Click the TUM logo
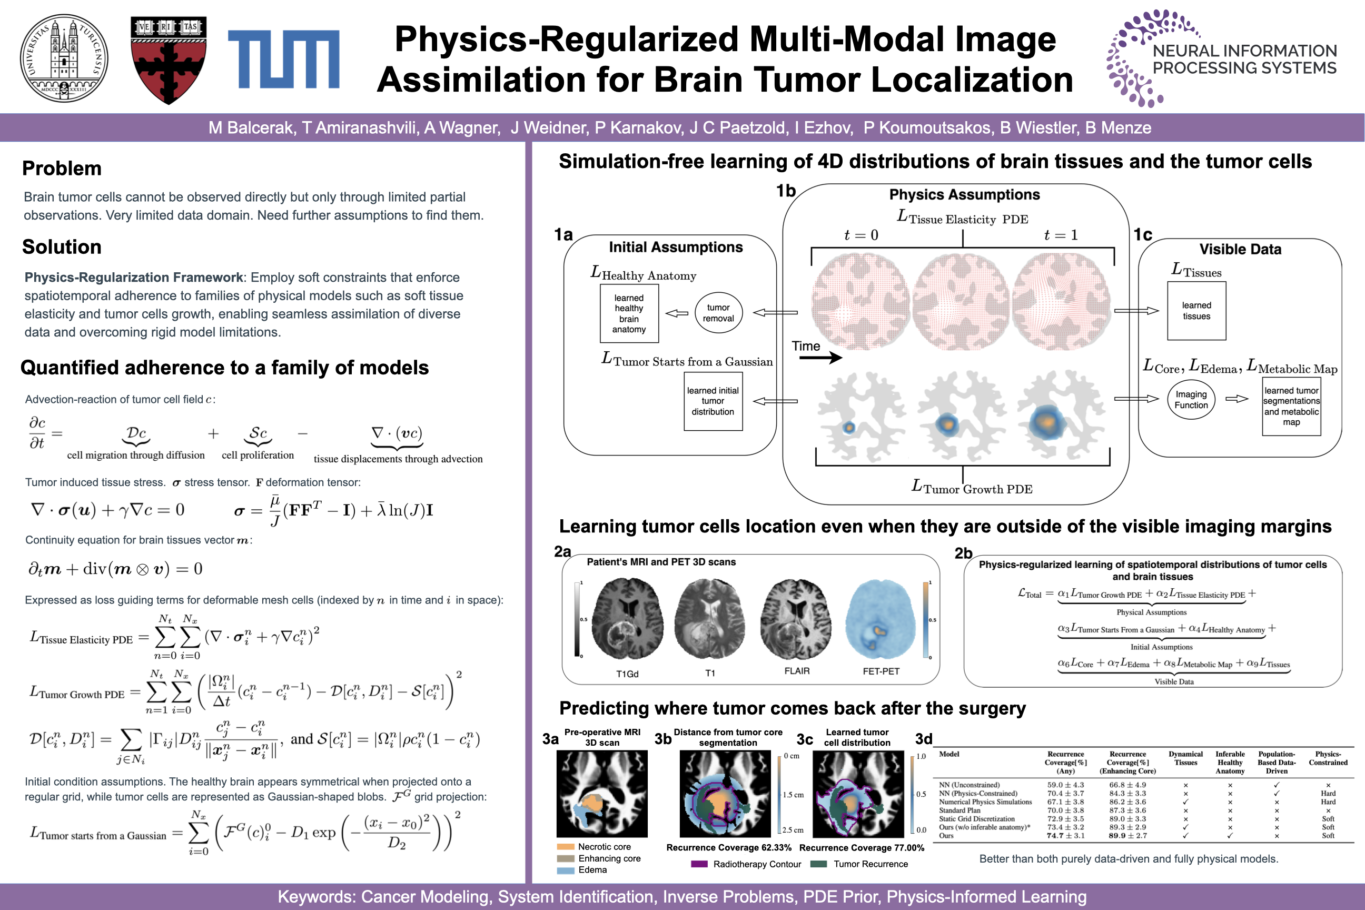click(x=283, y=59)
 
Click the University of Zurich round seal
click(x=64, y=58)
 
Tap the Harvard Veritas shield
click(x=169, y=61)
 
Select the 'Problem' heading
click(x=62, y=169)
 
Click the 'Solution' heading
click(x=62, y=246)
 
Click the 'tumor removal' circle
click(x=718, y=313)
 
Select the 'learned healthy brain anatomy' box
click(x=629, y=313)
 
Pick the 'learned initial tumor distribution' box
click(x=713, y=401)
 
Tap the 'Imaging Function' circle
click(x=1191, y=399)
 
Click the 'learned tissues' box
click(x=1196, y=311)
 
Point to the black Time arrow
click(x=820, y=358)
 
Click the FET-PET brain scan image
click(x=881, y=619)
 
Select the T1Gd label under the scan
click(x=627, y=674)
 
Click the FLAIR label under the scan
click(x=797, y=671)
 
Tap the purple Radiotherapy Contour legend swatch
click(x=699, y=864)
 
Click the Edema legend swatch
click(x=565, y=870)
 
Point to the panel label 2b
click(x=963, y=553)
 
